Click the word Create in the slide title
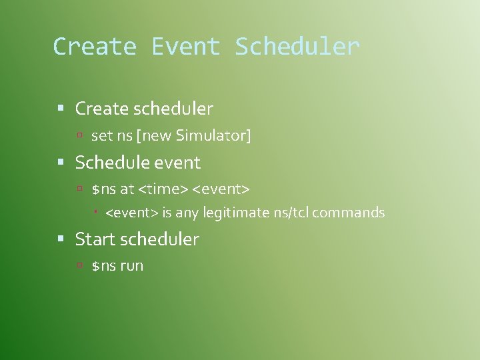(x=94, y=47)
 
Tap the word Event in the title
(x=185, y=47)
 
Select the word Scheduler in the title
(x=297, y=47)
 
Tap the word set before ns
(x=102, y=136)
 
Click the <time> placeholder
(x=163, y=189)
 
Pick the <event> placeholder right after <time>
(x=221, y=189)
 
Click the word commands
(x=349, y=213)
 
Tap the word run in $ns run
(x=132, y=266)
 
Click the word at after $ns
(x=127, y=189)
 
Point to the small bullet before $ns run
(x=79, y=265)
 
